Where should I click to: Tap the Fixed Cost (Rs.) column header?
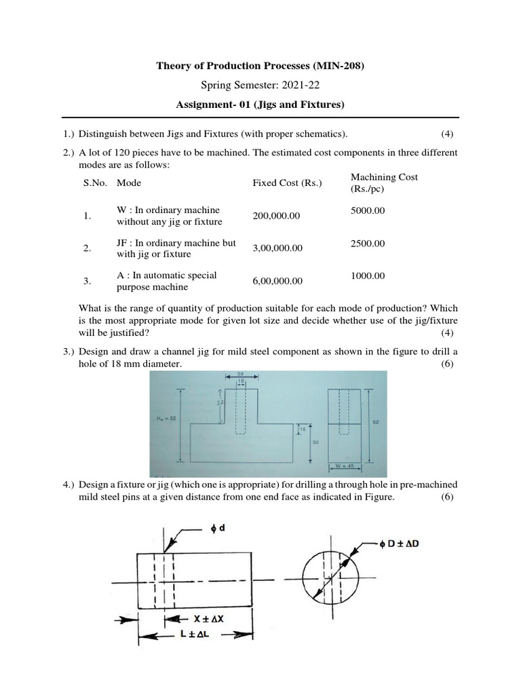[x=287, y=183]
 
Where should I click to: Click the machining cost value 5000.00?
[x=367, y=210]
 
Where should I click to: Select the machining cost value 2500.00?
[x=367, y=243]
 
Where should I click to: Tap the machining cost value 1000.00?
[x=367, y=276]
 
